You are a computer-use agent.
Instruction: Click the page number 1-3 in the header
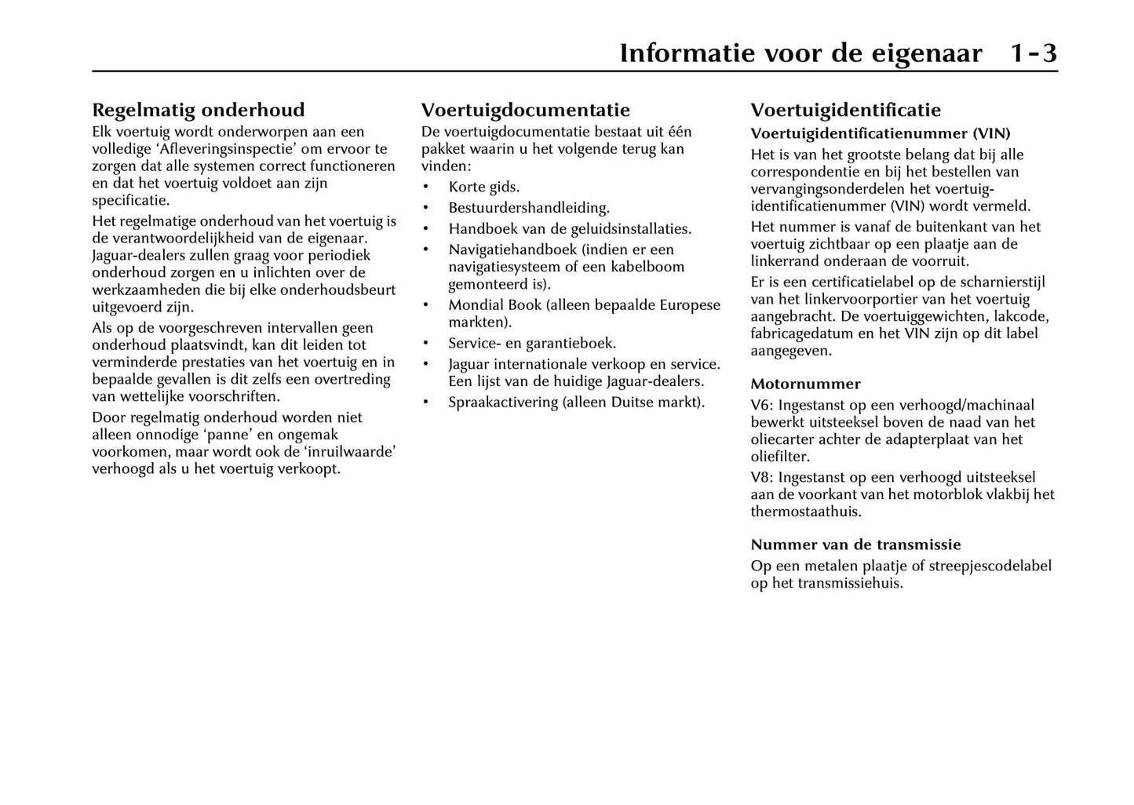(1033, 53)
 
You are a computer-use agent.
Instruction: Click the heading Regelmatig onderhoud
(198, 110)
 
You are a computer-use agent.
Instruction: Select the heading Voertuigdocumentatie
(525, 110)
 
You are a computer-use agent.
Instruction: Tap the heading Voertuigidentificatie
(845, 110)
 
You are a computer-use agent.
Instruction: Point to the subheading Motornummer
(805, 384)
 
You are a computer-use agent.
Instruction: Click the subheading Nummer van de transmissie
(855, 545)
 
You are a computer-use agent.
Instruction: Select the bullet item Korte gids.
(483, 188)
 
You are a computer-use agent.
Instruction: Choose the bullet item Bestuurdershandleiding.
(529, 208)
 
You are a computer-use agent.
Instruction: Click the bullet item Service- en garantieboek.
(532, 344)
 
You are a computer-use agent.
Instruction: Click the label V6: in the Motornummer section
(762, 406)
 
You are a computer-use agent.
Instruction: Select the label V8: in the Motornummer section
(762, 478)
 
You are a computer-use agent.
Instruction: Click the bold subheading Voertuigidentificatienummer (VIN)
(880, 134)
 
